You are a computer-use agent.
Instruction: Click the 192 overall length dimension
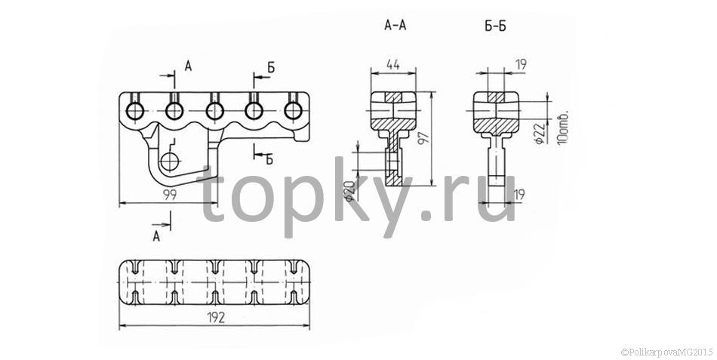[216, 318]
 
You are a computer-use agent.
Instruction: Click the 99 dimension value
[170, 195]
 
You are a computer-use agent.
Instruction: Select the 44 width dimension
[392, 65]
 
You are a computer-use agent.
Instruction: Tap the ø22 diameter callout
[540, 133]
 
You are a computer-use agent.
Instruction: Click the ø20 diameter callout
[349, 191]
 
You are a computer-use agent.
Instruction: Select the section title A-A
[395, 25]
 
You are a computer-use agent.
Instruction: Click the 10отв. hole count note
[562, 128]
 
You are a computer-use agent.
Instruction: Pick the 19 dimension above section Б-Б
[520, 65]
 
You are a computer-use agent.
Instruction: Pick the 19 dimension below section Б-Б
[519, 195]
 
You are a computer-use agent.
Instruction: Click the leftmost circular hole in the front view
[135, 111]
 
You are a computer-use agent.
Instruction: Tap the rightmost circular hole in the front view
[293, 111]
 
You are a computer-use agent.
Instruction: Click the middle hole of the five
[214, 111]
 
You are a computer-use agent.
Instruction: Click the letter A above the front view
[189, 66]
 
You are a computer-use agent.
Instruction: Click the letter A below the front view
[156, 236]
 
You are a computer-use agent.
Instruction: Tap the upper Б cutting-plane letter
[271, 69]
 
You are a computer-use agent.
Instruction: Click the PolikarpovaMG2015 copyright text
[667, 352]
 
